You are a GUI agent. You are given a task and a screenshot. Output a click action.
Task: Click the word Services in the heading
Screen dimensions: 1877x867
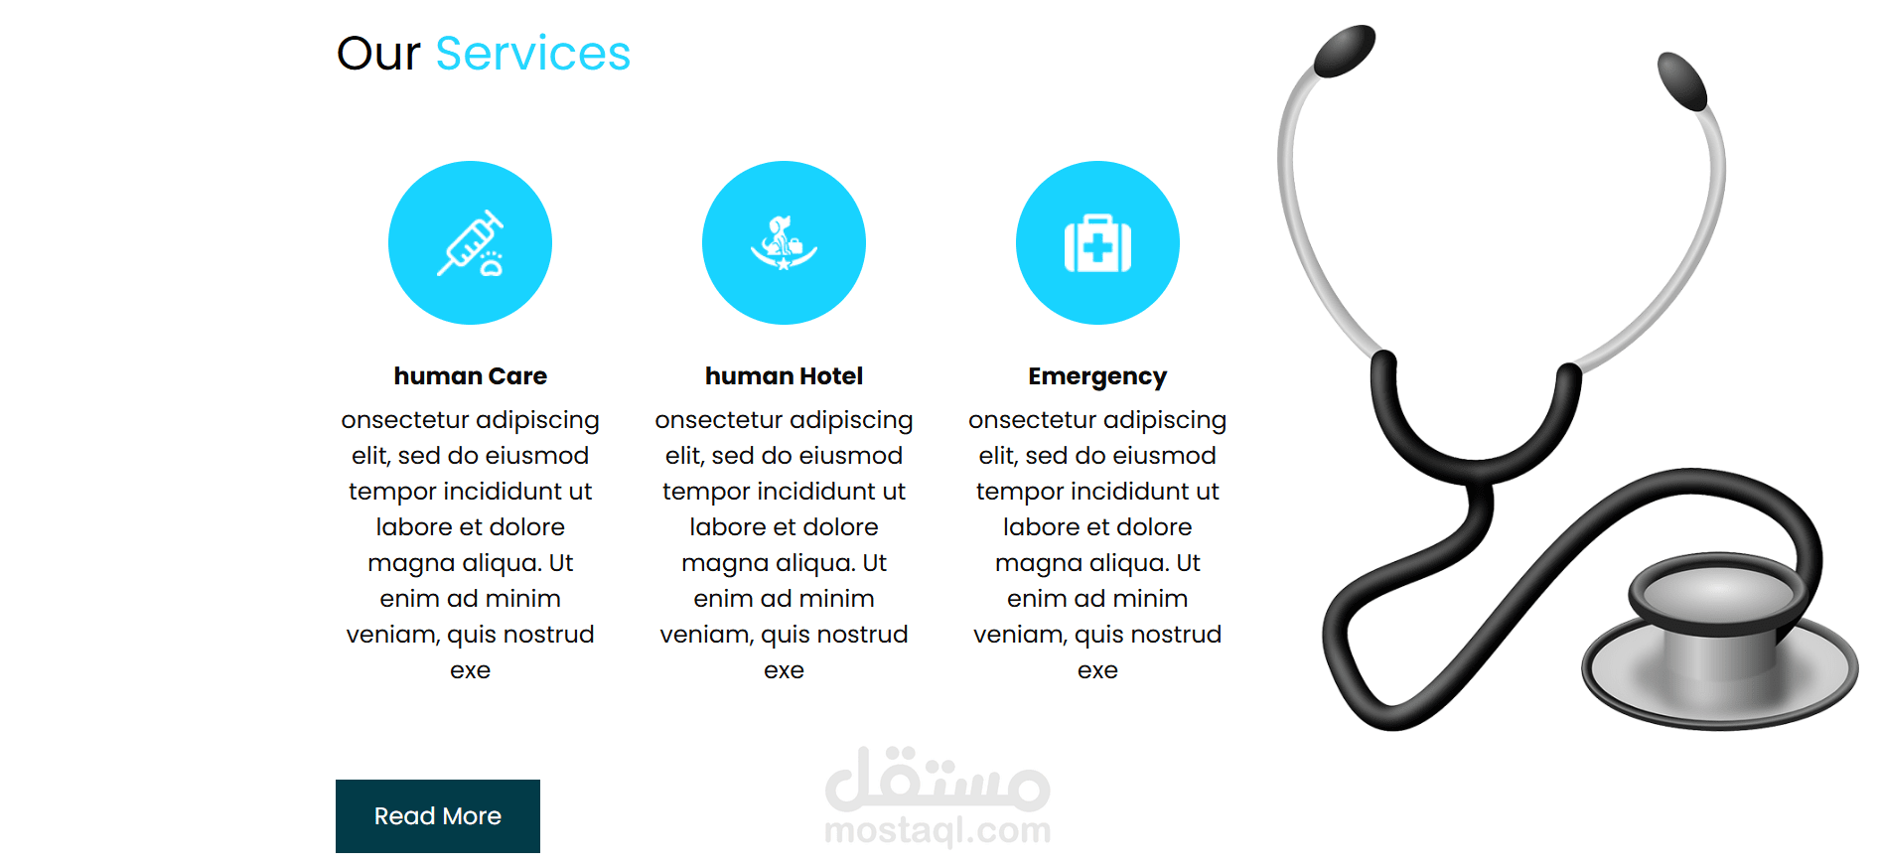532,54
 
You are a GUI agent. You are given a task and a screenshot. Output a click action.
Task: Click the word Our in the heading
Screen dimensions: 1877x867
378,54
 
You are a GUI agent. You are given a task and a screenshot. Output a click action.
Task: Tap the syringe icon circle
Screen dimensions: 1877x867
470,242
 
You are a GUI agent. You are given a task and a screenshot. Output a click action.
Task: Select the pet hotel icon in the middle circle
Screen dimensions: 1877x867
784,243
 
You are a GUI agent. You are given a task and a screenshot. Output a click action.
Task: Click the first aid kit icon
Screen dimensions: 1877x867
1097,243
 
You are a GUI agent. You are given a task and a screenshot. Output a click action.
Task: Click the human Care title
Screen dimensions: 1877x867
470,376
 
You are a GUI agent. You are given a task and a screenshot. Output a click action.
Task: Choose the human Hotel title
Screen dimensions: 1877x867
784,376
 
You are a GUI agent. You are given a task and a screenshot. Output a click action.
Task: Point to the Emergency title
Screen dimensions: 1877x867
1097,377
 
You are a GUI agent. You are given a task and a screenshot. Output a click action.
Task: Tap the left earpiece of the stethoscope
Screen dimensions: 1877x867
1344,51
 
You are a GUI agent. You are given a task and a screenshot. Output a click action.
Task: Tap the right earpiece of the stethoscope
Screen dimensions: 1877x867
1682,81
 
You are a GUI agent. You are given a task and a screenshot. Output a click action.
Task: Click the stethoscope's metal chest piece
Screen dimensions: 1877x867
1718,646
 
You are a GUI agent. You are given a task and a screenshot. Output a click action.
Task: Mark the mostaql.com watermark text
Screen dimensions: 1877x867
938,830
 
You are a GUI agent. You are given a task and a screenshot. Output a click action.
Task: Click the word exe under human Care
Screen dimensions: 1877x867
470,670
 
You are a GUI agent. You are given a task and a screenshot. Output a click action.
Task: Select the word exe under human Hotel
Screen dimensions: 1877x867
784,670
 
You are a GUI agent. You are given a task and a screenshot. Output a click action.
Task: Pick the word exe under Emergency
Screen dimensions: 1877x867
1097,670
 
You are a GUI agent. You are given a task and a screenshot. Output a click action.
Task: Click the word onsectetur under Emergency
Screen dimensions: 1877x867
1032,420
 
